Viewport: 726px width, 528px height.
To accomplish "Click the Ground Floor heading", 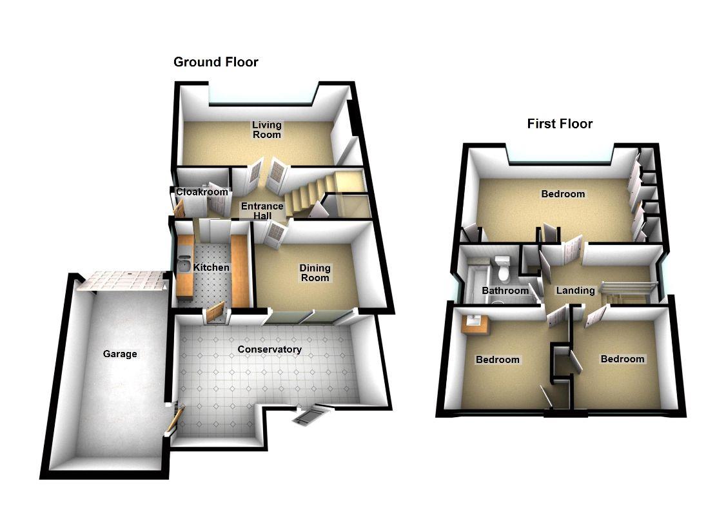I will (x=215, y=63).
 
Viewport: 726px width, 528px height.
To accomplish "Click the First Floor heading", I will (x=559, y=124).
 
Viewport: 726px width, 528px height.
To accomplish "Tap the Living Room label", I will (x=266, y=130).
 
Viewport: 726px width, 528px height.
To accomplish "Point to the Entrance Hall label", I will (x=262, y=211).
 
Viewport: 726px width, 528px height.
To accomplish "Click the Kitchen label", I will (x=211, y=268).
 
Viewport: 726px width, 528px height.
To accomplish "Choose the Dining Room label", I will (x=315, y=273).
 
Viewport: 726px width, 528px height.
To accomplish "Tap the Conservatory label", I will (x=269, y=349).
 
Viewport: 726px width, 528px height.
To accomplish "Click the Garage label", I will (x=120, y=353).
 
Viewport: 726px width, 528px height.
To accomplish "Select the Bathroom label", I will (x=505, y=291).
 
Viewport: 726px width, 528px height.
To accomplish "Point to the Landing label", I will (x=575, y=290).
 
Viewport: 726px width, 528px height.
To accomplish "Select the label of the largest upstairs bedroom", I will (x=563, y=193).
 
